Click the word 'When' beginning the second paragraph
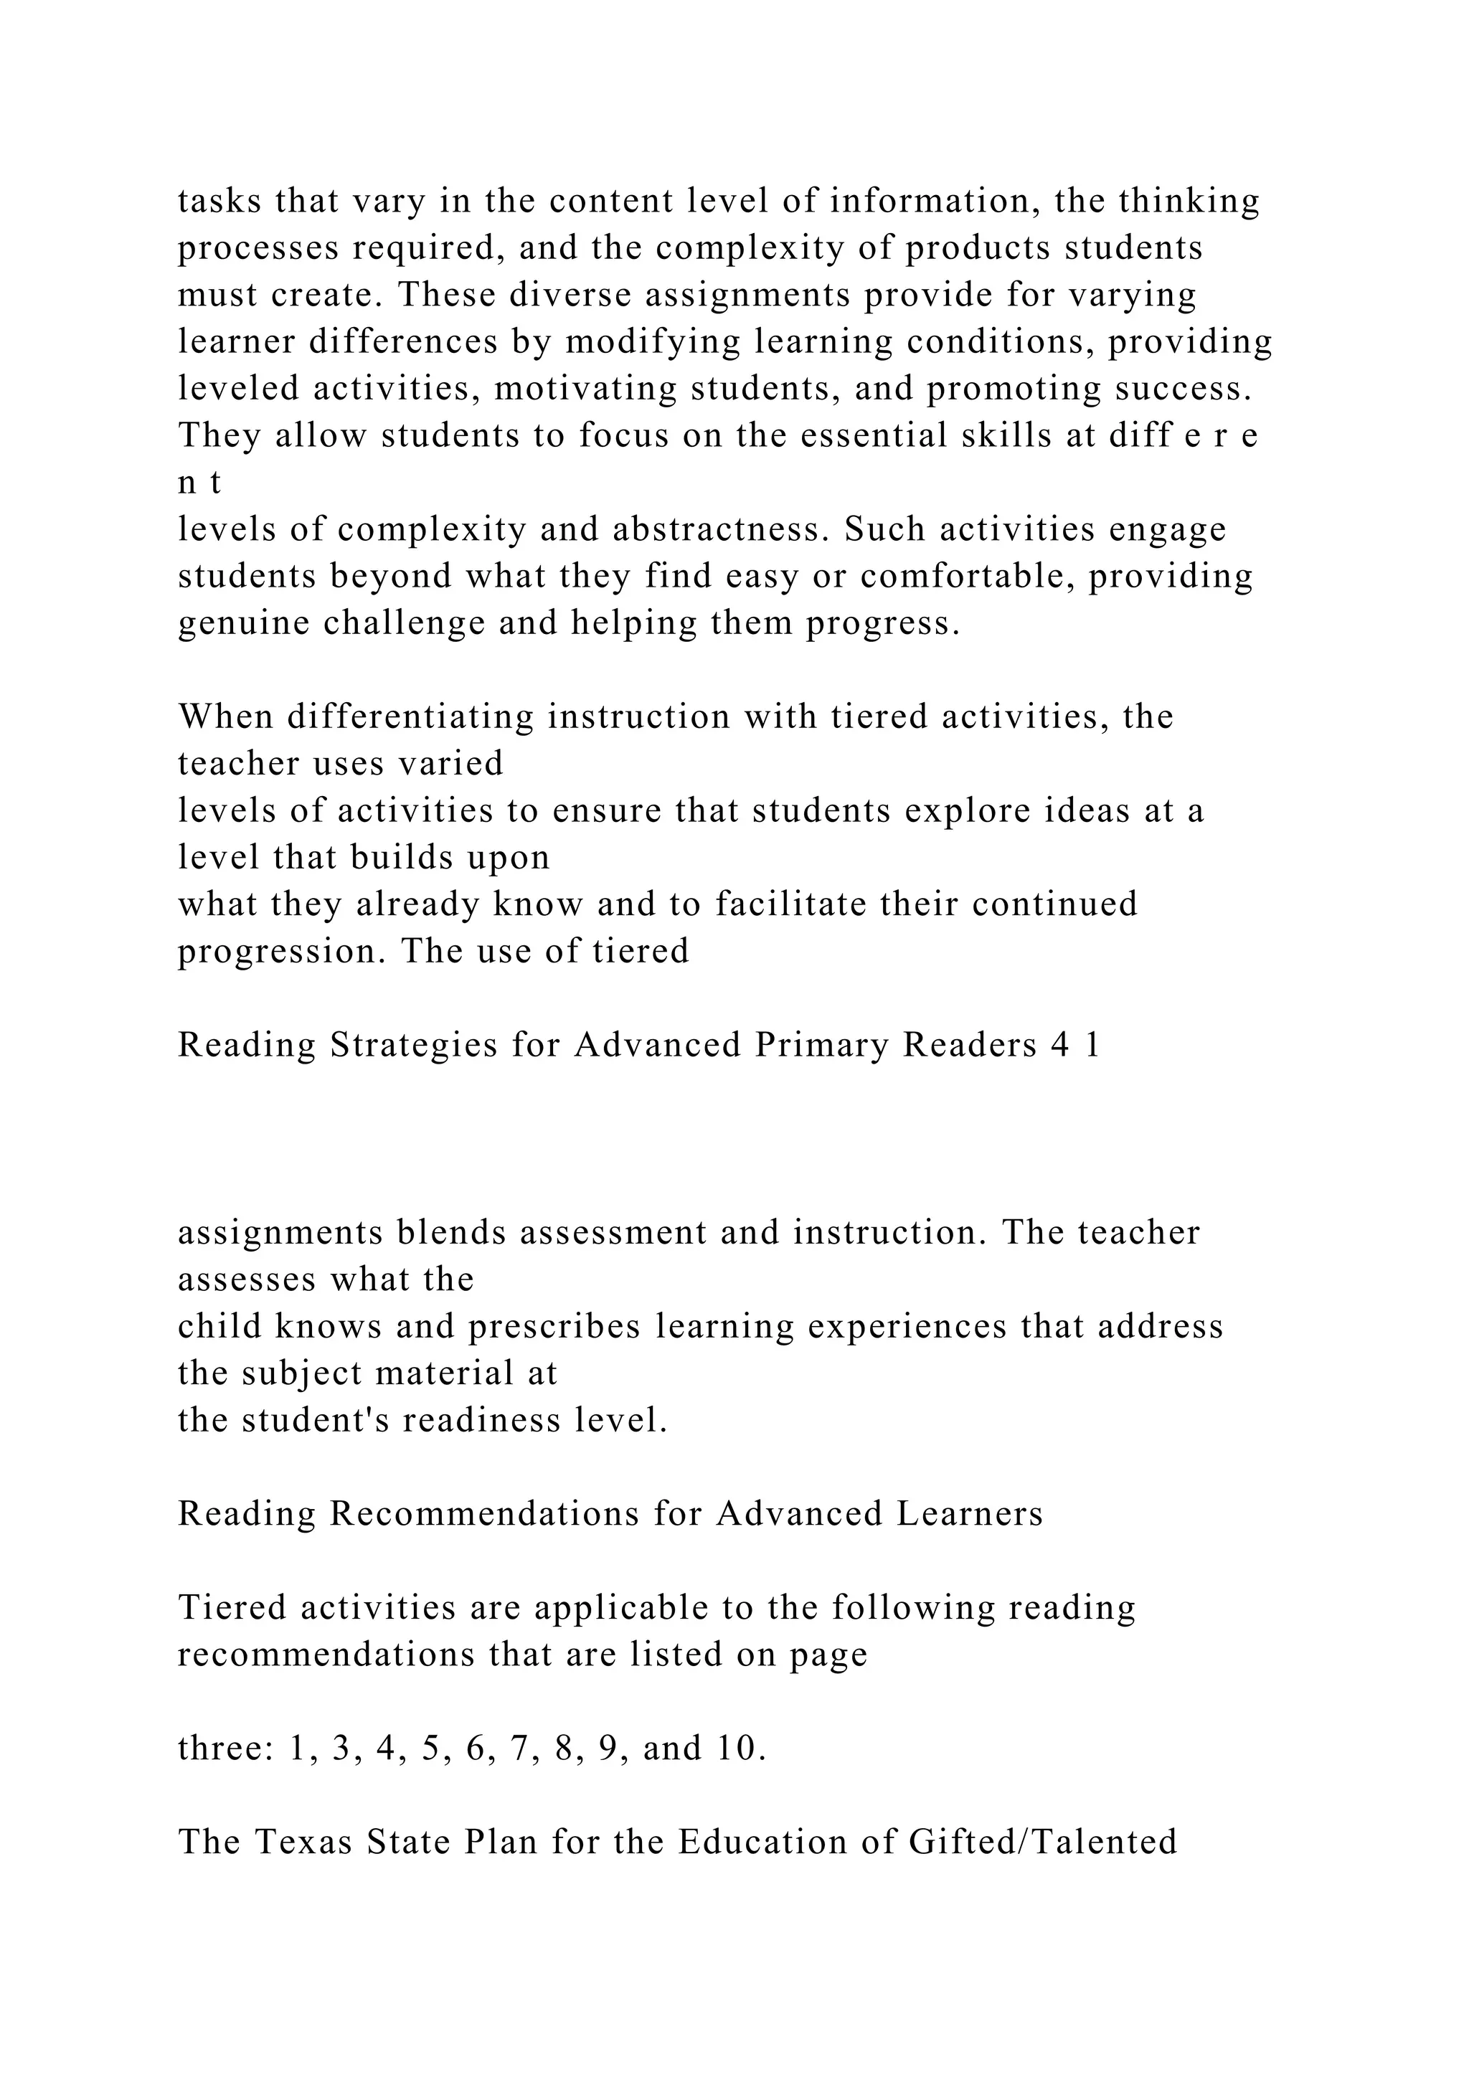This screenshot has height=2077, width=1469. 225,716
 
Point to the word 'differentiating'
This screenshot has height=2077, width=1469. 416,716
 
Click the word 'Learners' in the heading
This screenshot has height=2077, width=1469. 970,1513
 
